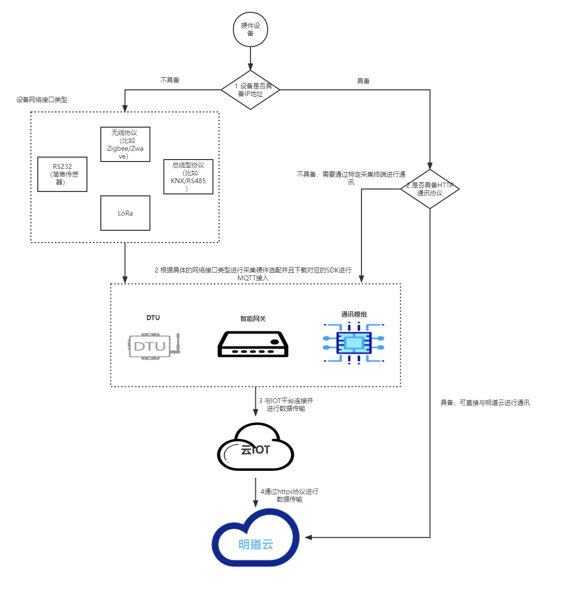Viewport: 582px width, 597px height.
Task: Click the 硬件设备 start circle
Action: point(250,29)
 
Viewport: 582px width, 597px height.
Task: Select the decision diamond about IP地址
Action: point(250,90)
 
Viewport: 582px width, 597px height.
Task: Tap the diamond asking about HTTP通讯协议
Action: point(430,189)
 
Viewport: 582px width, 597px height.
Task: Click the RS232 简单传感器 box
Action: point(62,174)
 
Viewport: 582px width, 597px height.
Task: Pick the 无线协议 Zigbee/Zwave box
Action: point(125,144)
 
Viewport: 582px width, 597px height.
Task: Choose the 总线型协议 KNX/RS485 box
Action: point(188,177)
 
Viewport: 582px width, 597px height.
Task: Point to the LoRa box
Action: point(125,213)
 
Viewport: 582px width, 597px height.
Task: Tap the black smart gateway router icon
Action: point(253,344)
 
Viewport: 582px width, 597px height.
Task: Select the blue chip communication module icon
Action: point(354,343)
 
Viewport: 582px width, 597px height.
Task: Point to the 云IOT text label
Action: point(255,450)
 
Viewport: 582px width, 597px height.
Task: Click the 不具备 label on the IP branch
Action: point(170,80)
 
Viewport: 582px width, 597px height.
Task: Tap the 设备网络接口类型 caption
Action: point(42,100)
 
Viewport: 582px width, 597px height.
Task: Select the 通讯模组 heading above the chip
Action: point(354,314)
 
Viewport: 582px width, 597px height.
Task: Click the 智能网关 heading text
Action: point(253,319)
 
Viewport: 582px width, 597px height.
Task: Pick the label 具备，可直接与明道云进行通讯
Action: point(485,403)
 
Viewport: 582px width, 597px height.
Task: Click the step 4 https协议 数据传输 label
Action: point(289,495)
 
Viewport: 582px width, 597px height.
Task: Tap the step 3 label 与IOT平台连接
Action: point(286,405)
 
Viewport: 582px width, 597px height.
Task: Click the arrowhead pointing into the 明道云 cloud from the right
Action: point(308,537)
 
